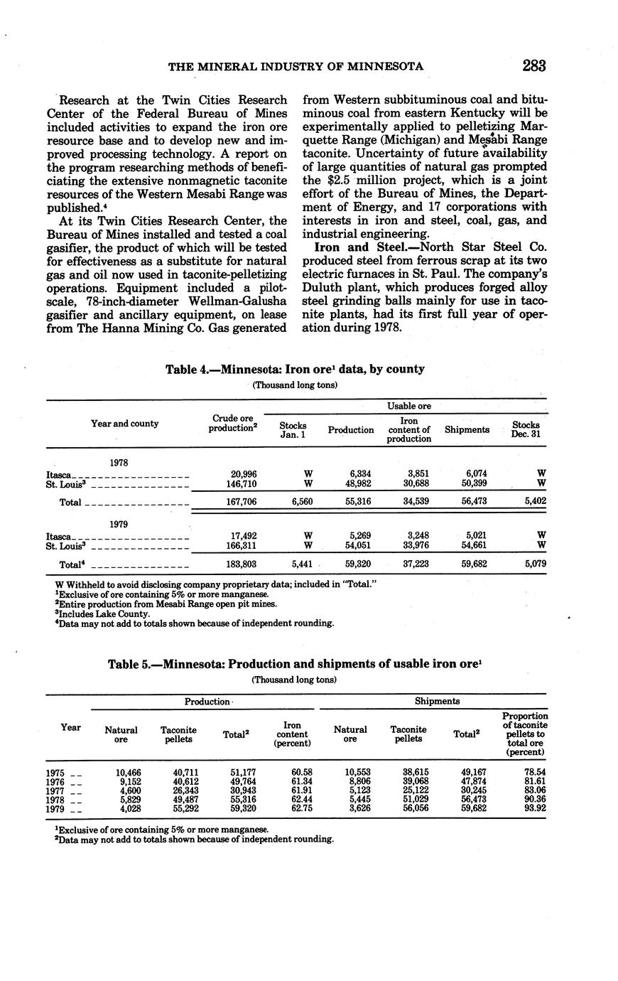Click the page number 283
[533, 66]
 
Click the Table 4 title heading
[295, 369]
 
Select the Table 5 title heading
[295, 664]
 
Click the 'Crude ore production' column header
[232, 423]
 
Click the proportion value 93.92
[532, 809]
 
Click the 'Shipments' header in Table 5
[437, 701]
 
